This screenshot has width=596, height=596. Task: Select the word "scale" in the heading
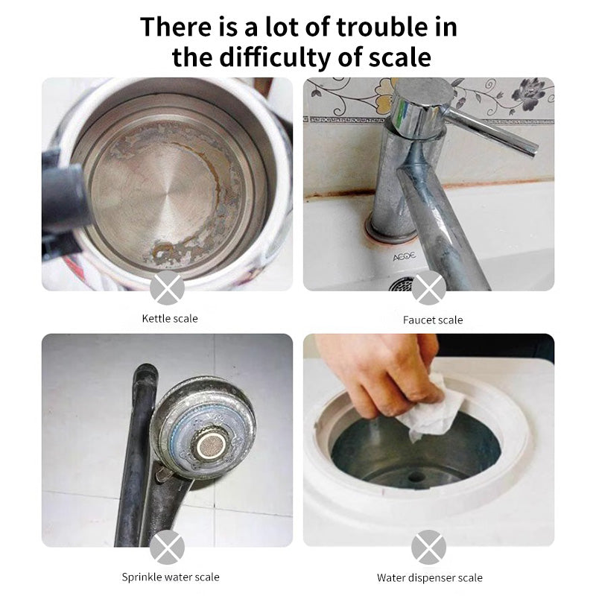pos(400,57)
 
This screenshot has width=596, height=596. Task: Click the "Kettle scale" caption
pos(170,319)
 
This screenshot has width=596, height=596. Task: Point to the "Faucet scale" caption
pos(433,320)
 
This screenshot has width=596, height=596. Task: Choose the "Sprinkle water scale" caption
pos(171,577)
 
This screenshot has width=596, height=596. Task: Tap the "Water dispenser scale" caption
pos(430,578)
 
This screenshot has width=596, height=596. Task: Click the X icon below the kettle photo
pos(167,288)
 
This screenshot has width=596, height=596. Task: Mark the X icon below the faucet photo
pos(429,288)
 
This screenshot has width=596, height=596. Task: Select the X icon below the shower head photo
pos(167,548)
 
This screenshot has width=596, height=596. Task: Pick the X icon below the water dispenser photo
pos(429,548)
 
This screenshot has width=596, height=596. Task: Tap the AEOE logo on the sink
pos(404,257)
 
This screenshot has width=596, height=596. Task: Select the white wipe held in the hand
pos(431,408)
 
